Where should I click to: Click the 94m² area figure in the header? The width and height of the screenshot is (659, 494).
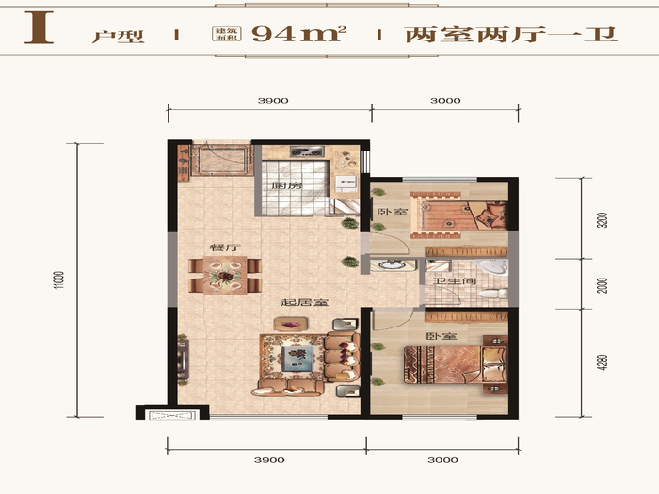pyautogui.click(x=298, y=34)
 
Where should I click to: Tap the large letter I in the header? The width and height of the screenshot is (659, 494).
pyautogui.click(x=40, y=27)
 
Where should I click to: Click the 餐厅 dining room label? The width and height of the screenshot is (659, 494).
pyautogui.click(x=225, y=247)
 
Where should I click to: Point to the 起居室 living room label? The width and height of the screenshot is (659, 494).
pyautogui.click(x=305, y=302)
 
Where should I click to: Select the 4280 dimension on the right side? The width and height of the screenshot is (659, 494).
pyautogui.click(x=602, y=362)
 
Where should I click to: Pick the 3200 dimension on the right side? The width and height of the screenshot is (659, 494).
pyautogui.click(x=602, y=220)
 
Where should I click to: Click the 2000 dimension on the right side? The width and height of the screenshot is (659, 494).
pyautogui.click(x=602, y=285)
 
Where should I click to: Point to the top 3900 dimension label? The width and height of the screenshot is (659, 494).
pyautogui.click(x=273, y=101)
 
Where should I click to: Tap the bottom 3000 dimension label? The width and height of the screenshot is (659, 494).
pyautogui.click(x=442, y=460)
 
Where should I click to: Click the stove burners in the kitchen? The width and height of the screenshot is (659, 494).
pyautogui.click(x=307, y=151)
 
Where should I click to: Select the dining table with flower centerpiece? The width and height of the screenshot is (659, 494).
pyautogui.click(x=225, y=276)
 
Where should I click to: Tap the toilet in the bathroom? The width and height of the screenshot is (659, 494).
pyautogui.click(x=493, y=293)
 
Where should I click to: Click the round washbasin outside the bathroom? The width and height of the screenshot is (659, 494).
pyautogui.click(x=392, y=264)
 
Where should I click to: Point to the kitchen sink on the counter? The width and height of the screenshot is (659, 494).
pyautogui.click(x=346, y=183)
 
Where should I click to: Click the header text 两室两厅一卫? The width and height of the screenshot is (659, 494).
pyautogui.click(x=511, y=34)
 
